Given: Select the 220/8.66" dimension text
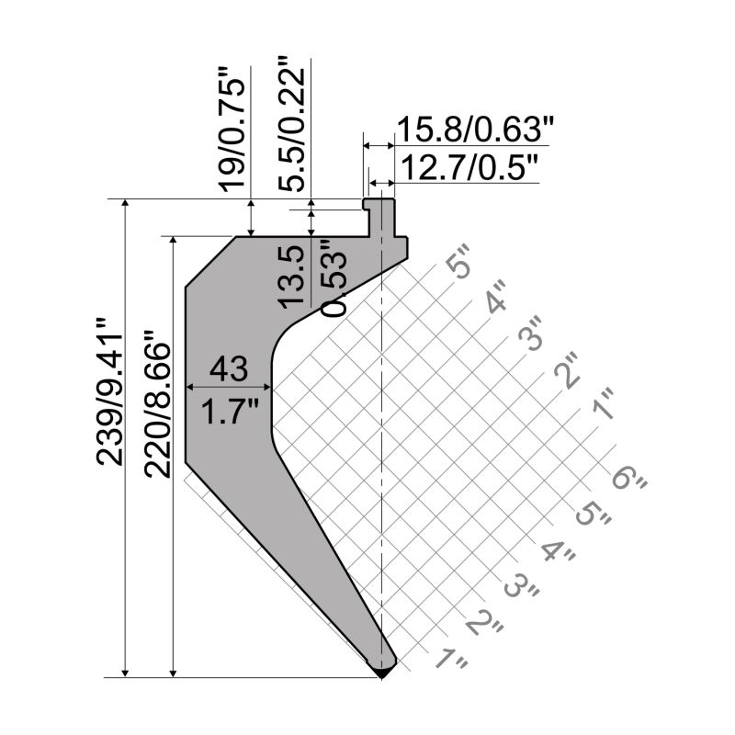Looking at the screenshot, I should (x=158, y=408).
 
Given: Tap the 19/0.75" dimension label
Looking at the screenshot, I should (x=234, y=129).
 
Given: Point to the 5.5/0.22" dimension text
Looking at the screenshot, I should (x=294, y=124).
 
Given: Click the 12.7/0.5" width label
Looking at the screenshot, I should (x=467, y=167).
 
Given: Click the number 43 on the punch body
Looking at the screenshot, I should (x=228, y=368).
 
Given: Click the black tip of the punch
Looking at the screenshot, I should (x=381, y=673).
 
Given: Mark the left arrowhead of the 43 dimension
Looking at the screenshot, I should (x=192, y=387).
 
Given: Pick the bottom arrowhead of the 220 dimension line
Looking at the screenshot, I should (x=173, y=671).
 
